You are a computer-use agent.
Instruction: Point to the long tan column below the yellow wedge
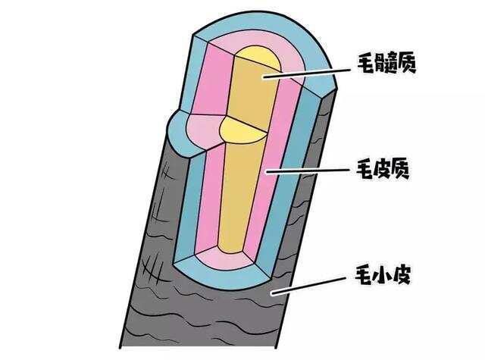239,197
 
